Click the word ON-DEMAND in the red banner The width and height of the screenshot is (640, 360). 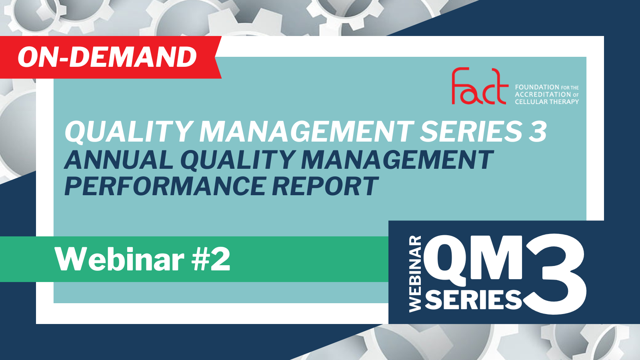pyautogui.click(x=107, y=57)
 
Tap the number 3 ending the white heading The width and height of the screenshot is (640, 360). pyautogui.click(x=538, y=132)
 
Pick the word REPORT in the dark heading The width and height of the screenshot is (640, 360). pyautogui.click(x=325, y=186)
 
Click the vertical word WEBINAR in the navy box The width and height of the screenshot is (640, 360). pyautogui.click(x=415, y=274)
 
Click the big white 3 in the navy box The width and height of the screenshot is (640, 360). pyautogui.click(x=554, y=274)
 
